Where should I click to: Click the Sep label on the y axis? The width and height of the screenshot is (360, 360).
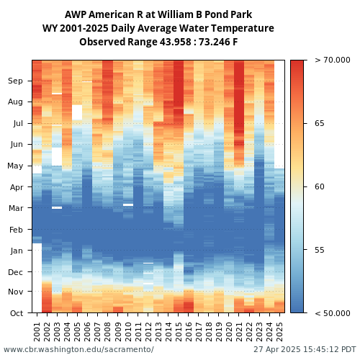15,81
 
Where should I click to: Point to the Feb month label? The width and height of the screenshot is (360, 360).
16,230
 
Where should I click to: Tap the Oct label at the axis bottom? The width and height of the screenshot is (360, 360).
17,313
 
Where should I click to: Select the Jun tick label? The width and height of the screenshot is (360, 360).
17,145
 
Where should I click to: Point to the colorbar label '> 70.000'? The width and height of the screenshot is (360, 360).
333,60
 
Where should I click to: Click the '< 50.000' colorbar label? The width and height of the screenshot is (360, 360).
333,313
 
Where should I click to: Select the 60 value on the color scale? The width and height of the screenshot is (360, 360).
320,186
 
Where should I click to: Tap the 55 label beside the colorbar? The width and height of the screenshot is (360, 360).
320,250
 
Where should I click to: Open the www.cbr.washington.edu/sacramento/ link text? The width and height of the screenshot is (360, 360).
78,349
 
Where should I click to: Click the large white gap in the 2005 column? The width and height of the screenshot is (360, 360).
77,112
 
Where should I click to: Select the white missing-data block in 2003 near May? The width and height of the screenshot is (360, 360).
57,156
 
